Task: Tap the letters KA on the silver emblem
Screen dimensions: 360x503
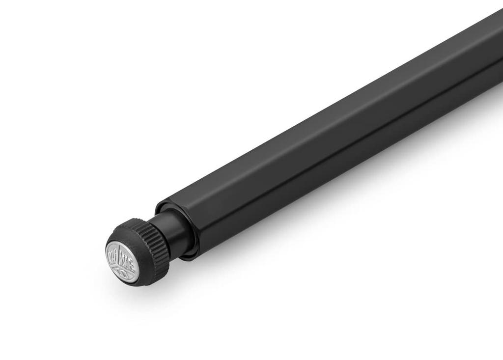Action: click(x=114, y=255)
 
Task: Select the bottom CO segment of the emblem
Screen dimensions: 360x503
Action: click(x=121, y=271)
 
